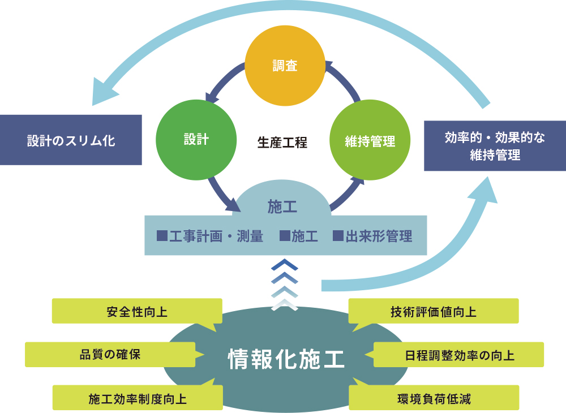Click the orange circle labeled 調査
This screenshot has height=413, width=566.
(x=285, y=67)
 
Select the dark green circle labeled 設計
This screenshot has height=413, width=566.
(x=196, y=140)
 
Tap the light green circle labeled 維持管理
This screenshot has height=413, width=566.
(x=370, y=140)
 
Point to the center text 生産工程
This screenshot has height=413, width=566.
(x=282, y=143)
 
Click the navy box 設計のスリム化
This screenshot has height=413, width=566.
(x=71, y=140)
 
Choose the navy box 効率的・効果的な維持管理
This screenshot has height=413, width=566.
(x=495, y=146)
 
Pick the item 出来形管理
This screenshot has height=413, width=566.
(x=378, y=236)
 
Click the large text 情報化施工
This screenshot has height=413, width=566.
(x=286, y=359)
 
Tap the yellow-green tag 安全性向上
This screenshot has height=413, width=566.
(x=136, y=312)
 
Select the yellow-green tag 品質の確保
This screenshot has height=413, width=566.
(x=110, y=355)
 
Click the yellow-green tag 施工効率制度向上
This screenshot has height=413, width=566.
(x=137, y=398)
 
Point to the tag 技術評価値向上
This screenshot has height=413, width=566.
(x=433, y=312)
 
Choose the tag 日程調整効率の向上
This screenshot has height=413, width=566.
(x=459, y=355)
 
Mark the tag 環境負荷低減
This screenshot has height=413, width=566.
(x=434, y=398)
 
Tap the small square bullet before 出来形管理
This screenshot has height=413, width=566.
(x=338, y=236)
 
